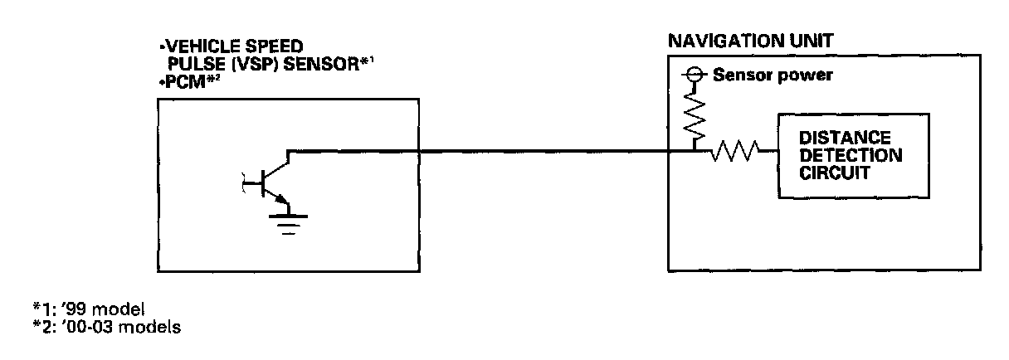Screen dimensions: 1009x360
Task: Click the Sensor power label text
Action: point(773,75)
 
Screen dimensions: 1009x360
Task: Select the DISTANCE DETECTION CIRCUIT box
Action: point(838,155)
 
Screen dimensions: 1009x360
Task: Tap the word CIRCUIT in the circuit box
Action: point(834,173)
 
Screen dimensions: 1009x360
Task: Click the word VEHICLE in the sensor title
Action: point(193,46)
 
